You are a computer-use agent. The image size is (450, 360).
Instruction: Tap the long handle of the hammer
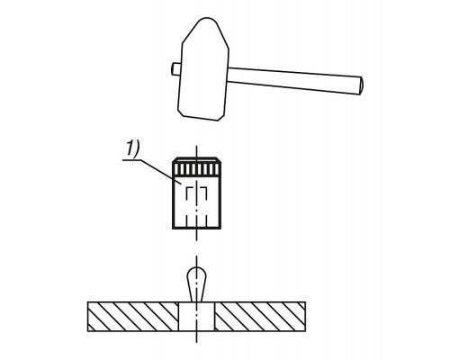[294, 80]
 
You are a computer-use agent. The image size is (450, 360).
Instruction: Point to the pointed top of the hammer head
[207, 19]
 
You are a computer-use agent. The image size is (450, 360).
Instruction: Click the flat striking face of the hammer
[201, 118]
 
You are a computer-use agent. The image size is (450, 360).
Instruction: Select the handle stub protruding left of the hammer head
[176, 68]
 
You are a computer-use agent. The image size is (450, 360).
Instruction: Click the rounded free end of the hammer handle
[361, 85]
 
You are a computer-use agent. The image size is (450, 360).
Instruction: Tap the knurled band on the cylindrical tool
[197, 169]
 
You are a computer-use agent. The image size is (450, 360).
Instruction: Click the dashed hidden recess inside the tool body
[196, 193]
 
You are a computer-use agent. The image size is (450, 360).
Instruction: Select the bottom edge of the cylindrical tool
[197, 228]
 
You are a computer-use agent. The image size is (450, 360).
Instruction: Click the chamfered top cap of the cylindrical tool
[197, 160]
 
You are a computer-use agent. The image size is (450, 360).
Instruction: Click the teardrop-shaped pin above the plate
[196, 283]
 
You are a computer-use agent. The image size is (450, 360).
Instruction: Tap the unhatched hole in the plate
[197, 317]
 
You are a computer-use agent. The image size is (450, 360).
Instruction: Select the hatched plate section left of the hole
[133, 317]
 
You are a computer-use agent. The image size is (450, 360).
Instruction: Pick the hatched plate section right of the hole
[260, 317]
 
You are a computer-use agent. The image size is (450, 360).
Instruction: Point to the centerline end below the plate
[196, 342]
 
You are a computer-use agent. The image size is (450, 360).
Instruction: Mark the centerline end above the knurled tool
[196, 146]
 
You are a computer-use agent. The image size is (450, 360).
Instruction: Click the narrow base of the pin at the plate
[196, 300]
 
